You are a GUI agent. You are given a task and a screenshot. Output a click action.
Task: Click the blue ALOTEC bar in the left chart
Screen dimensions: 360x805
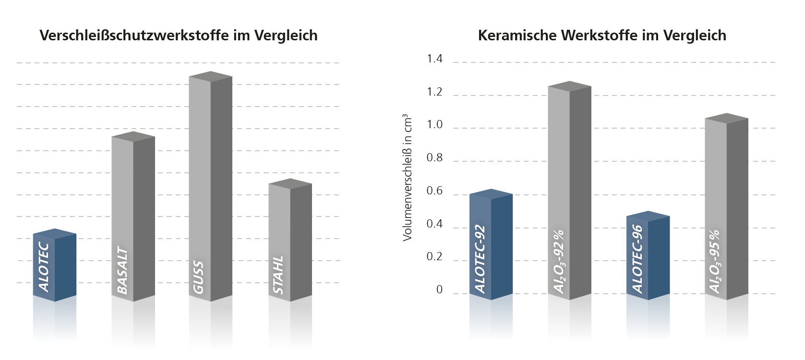click(x=55, y=266)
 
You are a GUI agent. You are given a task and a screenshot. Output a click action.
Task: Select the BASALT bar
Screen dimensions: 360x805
click(x=133, y=218)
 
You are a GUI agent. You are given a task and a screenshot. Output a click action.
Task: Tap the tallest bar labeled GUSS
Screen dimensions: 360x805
click(x=210, y=187)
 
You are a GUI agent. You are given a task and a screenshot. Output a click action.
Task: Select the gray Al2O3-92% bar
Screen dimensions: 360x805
click(x=569, y=192)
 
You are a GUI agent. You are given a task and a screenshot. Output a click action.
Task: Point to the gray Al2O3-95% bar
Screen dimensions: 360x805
click(x=726, y=209)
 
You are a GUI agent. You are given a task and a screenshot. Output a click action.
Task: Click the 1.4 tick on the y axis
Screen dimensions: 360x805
click(x=434, y=59)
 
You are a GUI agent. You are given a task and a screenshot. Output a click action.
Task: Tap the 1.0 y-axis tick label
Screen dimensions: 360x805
click(x=434, y=125)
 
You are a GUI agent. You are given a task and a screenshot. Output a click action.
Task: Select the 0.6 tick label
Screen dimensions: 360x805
click(x=434, y=192)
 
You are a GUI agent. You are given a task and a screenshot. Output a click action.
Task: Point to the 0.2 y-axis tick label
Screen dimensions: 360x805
click(x=434, y=257)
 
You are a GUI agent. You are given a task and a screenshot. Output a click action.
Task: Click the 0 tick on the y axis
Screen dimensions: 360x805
click(x=439, y=290)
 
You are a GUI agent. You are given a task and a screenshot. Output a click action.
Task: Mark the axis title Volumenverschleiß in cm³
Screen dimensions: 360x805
click(x=408, y=178)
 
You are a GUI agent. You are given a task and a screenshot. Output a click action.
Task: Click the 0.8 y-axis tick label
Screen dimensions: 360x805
click(x=434, y=158)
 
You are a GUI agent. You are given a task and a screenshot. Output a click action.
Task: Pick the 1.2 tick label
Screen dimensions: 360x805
click(x=434, y=92)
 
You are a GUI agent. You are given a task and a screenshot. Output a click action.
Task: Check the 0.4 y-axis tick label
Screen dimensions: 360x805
click(x=434, y=224)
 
